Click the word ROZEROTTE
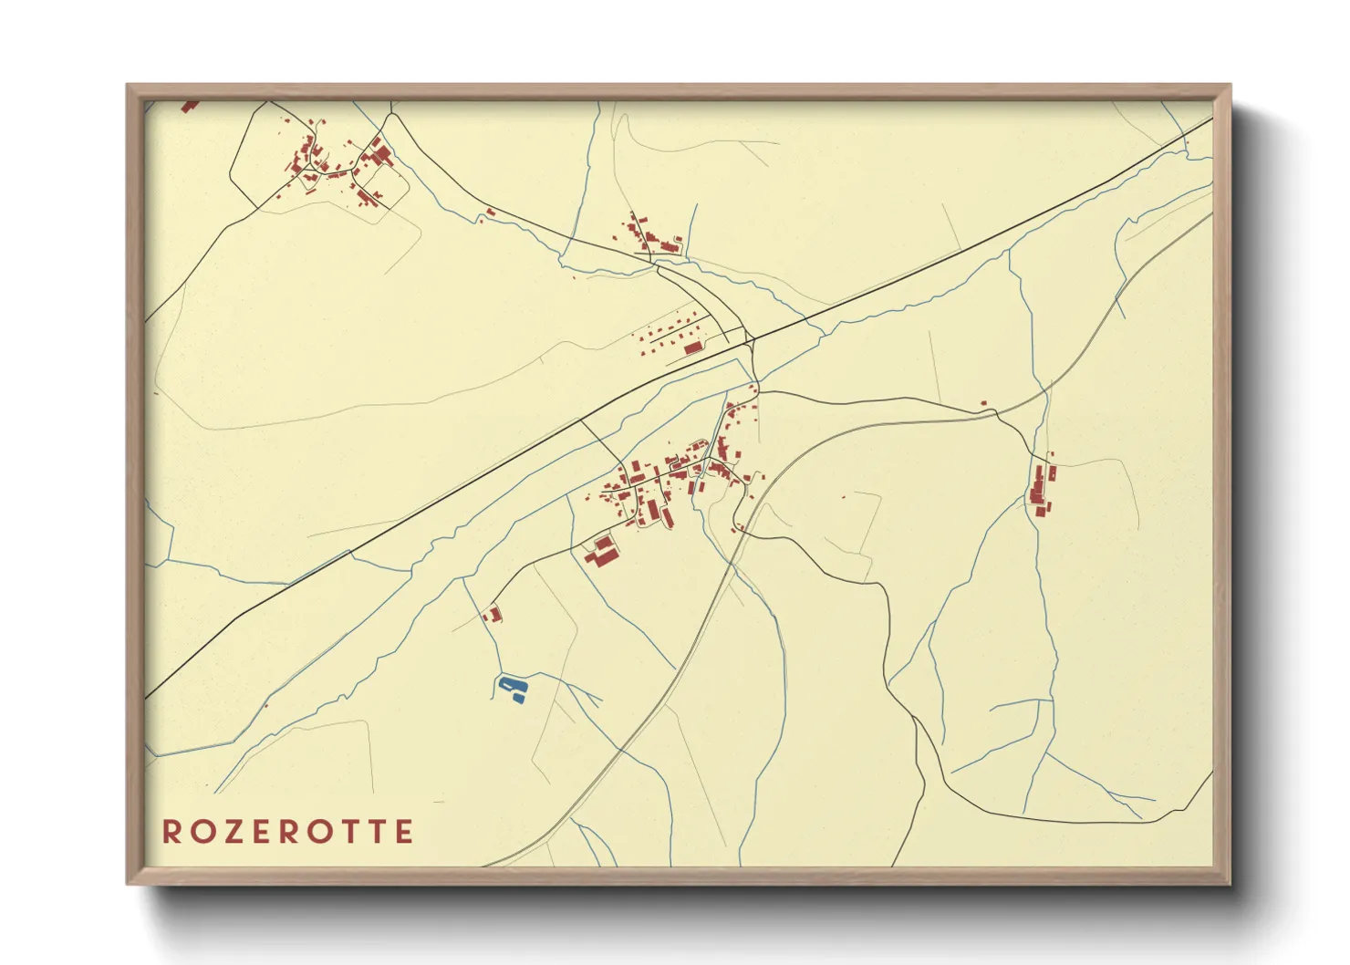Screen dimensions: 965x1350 [288, 832]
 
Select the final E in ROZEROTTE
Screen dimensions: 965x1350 [404, 832]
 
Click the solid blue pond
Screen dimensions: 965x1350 [513, 689]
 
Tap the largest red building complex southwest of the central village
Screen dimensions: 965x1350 [602, 550]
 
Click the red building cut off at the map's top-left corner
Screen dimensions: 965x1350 [189, 107]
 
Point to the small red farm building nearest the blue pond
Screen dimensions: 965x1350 [493, 614]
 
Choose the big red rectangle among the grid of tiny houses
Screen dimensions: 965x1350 [694, 348]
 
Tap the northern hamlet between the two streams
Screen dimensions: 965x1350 [650, 233]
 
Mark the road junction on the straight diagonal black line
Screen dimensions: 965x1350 [750, 340]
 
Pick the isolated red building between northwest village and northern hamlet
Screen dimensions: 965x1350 [490, 213]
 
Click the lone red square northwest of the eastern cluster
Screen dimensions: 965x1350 [983, 402]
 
